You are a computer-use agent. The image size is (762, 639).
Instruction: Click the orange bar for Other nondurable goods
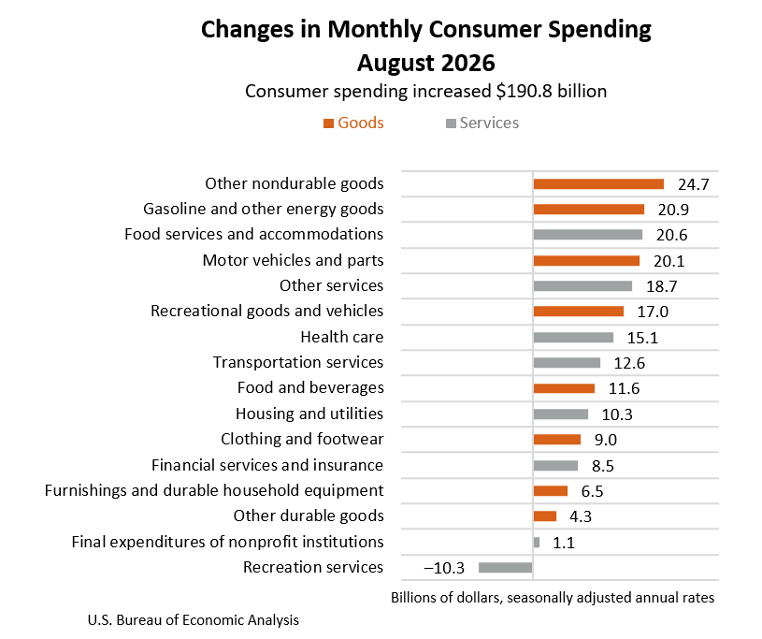[598, 183]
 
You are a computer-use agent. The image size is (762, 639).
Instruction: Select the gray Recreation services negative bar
[506, 568]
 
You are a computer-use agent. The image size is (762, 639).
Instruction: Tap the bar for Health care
[573, 338]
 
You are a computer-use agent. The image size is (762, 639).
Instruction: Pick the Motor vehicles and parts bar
[586, 261]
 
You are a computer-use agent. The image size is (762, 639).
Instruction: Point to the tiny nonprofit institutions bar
[537, 543]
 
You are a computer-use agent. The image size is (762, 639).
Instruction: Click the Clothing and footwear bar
[557, 440]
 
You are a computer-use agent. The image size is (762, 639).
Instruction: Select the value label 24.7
[694, 185]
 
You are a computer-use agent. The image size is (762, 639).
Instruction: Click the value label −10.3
[444, 568]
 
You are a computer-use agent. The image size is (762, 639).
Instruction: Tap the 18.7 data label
[661, 286]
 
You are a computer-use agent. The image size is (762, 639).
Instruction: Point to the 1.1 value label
[564, 543]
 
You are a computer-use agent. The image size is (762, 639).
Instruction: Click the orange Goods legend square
[328, 123]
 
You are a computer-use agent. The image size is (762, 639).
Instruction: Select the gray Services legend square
[451, 123]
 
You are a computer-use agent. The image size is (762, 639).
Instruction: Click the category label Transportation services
[298, 362]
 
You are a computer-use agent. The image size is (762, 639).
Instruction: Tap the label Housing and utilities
[309, 414]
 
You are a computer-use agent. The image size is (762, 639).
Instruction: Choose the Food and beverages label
[310, 388]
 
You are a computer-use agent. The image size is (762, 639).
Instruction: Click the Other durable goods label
[309, 516]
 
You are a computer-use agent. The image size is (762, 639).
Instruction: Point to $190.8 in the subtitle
[524, 92]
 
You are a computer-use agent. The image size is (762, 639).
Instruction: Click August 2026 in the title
[426, 63]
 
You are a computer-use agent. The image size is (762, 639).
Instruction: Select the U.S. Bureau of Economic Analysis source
[193, 620]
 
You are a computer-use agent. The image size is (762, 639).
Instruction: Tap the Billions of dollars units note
[553, 598]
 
